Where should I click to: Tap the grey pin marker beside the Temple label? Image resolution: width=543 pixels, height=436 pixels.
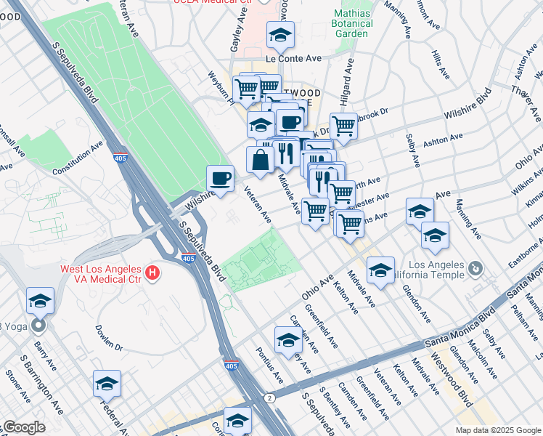[475, 269]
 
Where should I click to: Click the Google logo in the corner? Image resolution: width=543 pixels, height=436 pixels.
[23, 428]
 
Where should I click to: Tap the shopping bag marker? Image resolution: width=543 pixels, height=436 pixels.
[260, 160]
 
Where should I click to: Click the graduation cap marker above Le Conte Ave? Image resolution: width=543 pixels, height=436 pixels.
[279, 33]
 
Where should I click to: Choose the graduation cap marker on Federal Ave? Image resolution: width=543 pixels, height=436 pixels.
[107, 383]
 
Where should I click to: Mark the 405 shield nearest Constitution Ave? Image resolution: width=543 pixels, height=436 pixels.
[120, 157]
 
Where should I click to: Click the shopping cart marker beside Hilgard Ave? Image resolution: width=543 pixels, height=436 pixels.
[343, 125]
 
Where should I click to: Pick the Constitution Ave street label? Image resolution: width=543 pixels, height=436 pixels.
[77, 158]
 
